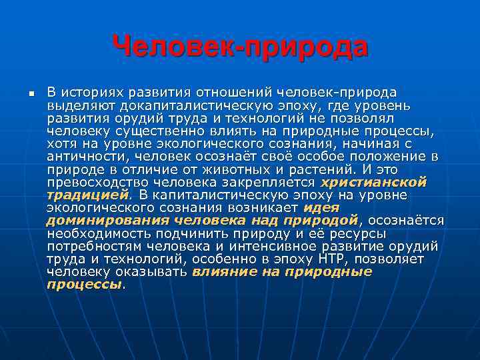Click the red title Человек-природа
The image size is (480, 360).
[240, 47]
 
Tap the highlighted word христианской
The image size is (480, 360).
[373, 181]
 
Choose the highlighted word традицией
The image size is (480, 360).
[87, 194]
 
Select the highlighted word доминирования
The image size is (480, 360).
[95, 219]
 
